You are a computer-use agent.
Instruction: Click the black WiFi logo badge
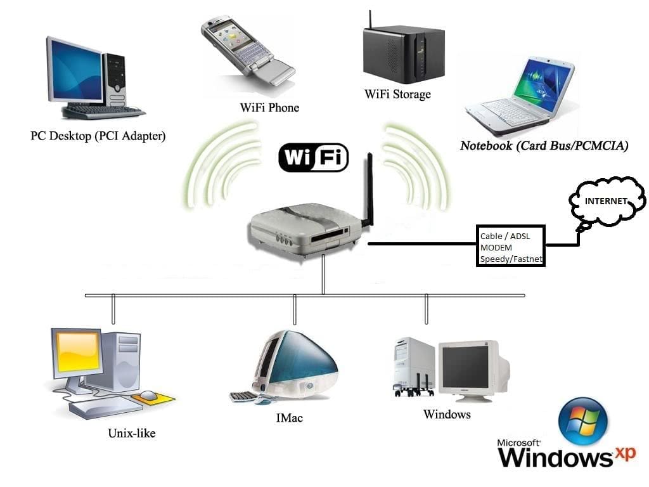tap(314, 157)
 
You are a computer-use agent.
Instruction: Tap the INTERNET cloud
tap(607, 202)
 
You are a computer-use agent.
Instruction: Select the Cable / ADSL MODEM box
tap(511, 246)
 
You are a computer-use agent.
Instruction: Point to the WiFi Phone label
tap(269, 108)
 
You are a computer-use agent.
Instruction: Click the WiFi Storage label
tap(397, 94)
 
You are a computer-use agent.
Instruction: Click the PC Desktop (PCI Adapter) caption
tap(98, 136)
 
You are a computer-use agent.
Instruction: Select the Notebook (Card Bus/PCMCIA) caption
tap(544, 146)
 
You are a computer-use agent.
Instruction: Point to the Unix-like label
tap(131, 434)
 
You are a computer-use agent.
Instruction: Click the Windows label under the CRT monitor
tap(447, 414)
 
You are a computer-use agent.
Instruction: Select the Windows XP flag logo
tap(583, 422)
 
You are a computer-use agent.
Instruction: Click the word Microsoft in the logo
tap(519, 443)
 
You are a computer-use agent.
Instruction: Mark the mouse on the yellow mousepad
tap(148, 396)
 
